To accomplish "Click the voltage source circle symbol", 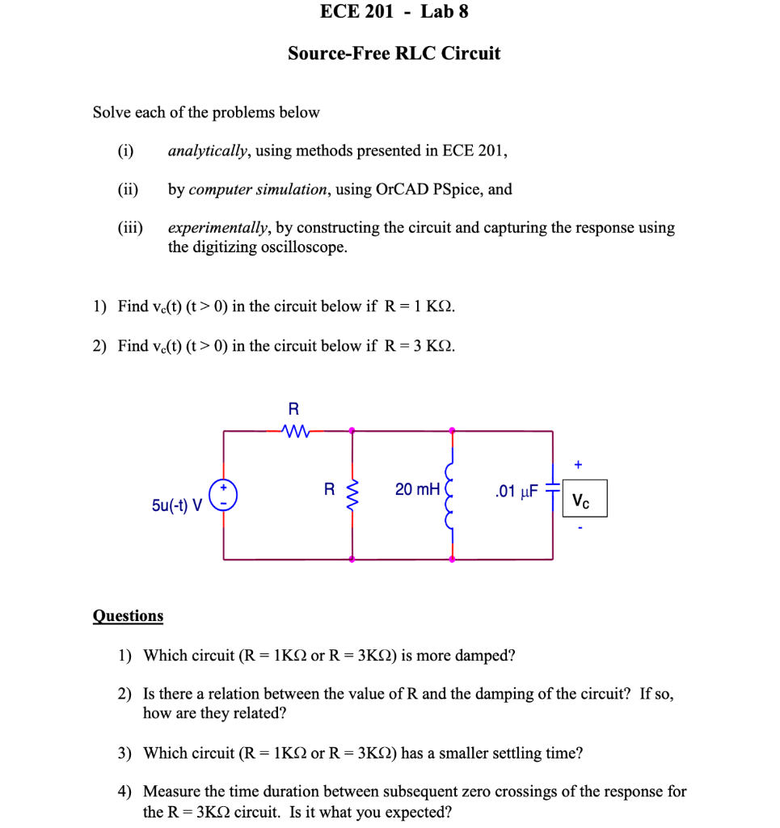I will pos(224,494).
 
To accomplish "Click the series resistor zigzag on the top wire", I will pos(293,430).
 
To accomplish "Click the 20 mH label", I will pos(417,489).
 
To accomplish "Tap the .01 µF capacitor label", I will pos(516,491).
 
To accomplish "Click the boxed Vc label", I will pos(580,499).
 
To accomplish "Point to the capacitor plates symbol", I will pos(553,490).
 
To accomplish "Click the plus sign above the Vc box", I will pos(577,465).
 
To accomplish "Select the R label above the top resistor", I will pos(293,408).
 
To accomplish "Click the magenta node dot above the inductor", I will pos(452,430).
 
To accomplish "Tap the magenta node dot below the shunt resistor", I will pos(351,559).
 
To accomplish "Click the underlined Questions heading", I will pos(128,616).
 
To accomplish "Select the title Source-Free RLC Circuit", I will pos(394,53).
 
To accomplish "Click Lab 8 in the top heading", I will pos(445,11).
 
